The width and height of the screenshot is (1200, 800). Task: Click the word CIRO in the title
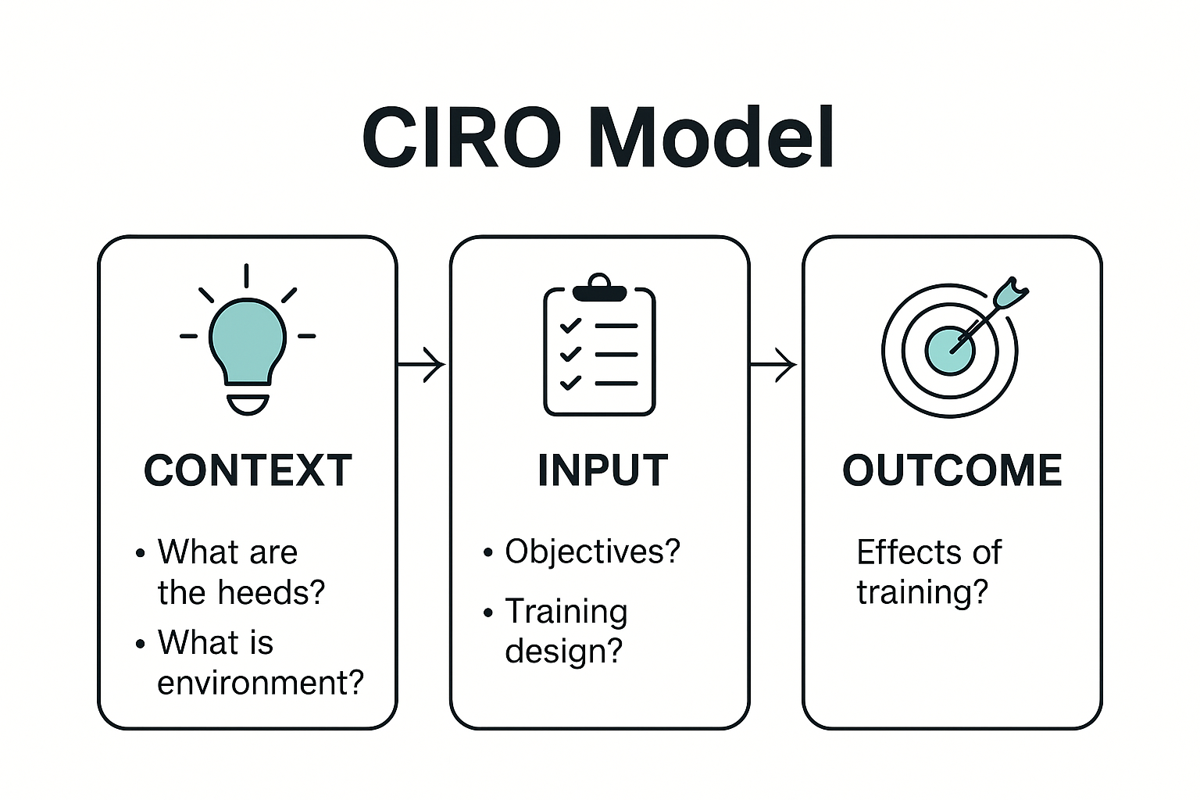461,137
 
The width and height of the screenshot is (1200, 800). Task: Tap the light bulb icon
247,344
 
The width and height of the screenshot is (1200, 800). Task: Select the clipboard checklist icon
599,348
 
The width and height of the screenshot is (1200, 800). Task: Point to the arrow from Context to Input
422,364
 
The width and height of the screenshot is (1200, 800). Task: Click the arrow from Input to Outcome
773,364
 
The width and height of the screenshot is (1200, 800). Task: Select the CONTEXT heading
248,470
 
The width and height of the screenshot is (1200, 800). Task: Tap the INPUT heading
602,470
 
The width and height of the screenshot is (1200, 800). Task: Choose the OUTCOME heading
952,470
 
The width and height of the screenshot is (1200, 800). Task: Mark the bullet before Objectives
488,553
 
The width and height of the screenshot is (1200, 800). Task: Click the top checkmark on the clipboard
571,325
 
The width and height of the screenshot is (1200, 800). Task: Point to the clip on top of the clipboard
599,287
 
